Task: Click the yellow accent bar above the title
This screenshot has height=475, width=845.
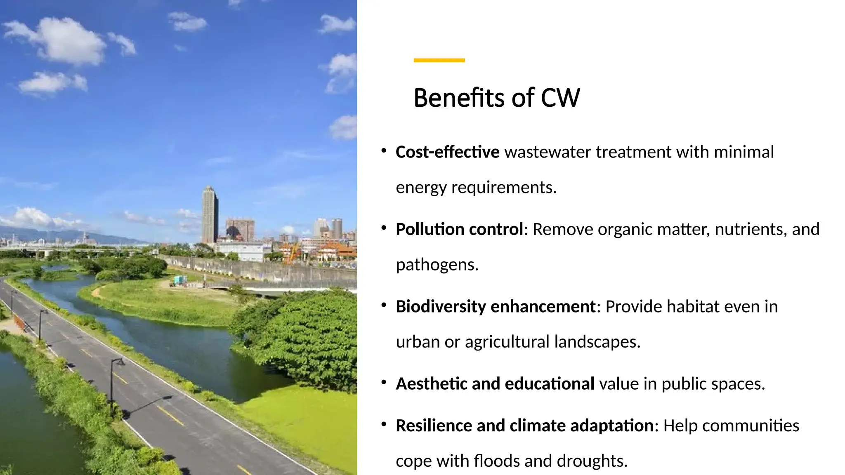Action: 439,60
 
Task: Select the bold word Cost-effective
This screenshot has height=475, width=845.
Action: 447,152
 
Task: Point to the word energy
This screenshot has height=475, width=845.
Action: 421,188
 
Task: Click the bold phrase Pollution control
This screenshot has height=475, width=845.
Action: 459,229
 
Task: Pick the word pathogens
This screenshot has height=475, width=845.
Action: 437,265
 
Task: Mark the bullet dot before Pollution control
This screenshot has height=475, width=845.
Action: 384,228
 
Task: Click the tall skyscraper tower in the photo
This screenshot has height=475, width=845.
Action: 210,214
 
